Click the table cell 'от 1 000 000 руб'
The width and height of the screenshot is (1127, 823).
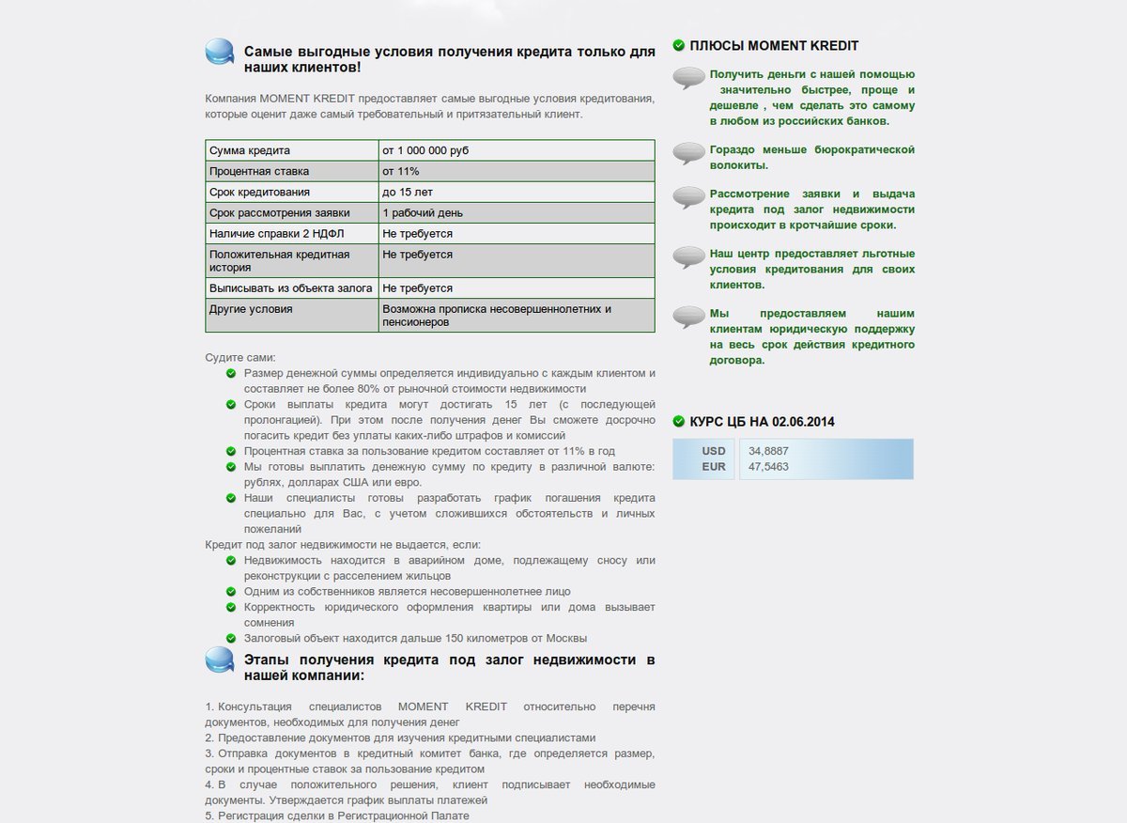425,150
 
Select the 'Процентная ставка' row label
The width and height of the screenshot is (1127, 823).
259,171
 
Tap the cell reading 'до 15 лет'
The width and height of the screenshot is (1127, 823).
408,192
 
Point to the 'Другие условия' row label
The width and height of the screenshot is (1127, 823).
251,308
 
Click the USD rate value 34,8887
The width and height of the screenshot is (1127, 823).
768,451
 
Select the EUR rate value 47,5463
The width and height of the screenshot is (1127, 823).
768,467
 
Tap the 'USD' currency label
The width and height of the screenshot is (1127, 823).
714,451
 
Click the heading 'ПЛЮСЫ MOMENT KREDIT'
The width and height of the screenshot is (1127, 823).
774,45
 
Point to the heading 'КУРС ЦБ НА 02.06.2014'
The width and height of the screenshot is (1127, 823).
762,422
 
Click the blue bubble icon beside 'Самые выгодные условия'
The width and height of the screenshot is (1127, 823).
220,52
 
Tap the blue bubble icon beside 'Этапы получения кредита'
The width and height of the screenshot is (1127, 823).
220,660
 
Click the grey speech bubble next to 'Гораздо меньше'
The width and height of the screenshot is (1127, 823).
689,153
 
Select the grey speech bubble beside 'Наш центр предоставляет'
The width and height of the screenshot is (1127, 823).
689,257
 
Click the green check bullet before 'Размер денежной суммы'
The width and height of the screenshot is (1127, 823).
232,373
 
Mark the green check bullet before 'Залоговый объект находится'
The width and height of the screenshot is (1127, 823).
232,638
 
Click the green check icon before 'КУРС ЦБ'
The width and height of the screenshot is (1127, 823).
679,422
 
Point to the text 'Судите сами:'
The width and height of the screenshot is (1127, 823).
240,358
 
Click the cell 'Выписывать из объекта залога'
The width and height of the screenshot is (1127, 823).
291,287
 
